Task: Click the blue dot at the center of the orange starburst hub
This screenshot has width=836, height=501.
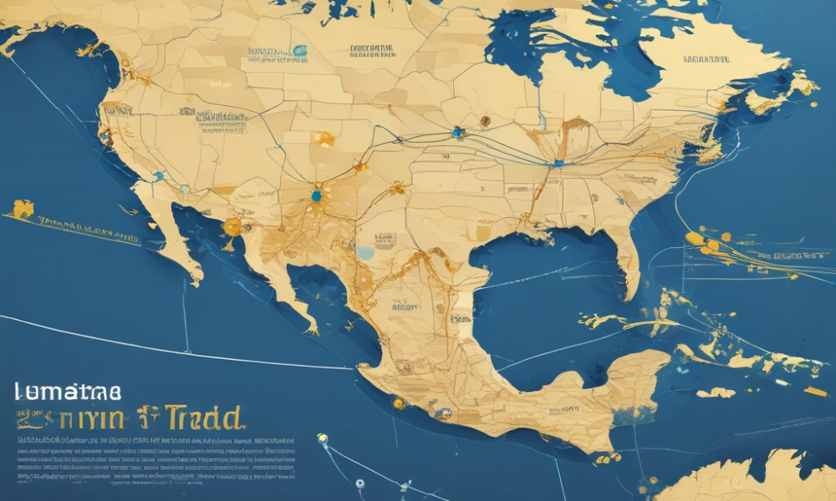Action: (x=315, y=196)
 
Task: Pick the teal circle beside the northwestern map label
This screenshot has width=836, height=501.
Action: (x=299, y=51)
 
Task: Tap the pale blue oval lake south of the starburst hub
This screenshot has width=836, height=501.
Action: (x=365, y=251)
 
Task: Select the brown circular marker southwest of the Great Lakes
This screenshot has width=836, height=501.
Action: (x=485, y=121)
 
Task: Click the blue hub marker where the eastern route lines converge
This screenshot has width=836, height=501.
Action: (x=558, y=164)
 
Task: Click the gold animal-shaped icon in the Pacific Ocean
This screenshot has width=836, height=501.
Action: (x=23, y=209)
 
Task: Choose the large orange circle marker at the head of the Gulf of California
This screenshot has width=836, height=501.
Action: (x=232, y=226)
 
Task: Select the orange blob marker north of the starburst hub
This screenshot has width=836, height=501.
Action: (x=324, y=139)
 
